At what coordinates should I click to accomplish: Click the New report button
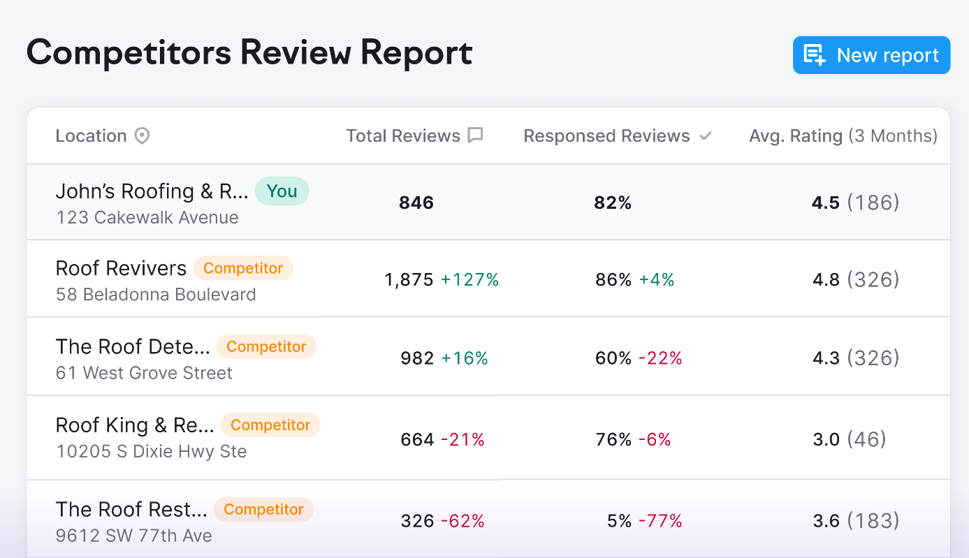[871, 55]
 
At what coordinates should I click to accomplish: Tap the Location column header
[91, 135]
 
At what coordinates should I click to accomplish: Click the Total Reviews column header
[403, 135]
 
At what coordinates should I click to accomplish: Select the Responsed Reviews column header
[606, 135]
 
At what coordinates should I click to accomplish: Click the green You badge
[282, 191]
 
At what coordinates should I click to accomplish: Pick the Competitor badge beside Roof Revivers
[243, 268]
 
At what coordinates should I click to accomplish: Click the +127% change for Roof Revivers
[470, 280]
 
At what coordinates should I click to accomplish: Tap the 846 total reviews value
[416, 203]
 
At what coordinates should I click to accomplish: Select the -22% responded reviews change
[660, 358]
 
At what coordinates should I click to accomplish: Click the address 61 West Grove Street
[144, 373]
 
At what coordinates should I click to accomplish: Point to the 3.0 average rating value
[826, 439]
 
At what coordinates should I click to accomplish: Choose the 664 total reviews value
[417, 439]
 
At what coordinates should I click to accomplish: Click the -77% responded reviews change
[660, 521]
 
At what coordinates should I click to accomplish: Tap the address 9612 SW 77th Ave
[134, 536]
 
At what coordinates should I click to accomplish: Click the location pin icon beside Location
[142, 135]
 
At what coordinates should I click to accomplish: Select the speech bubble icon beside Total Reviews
[476, 135]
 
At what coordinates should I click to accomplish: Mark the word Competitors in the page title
[129, 53]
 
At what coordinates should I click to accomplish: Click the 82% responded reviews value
[613, 203]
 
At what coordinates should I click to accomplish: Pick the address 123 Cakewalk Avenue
[147, 217]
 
